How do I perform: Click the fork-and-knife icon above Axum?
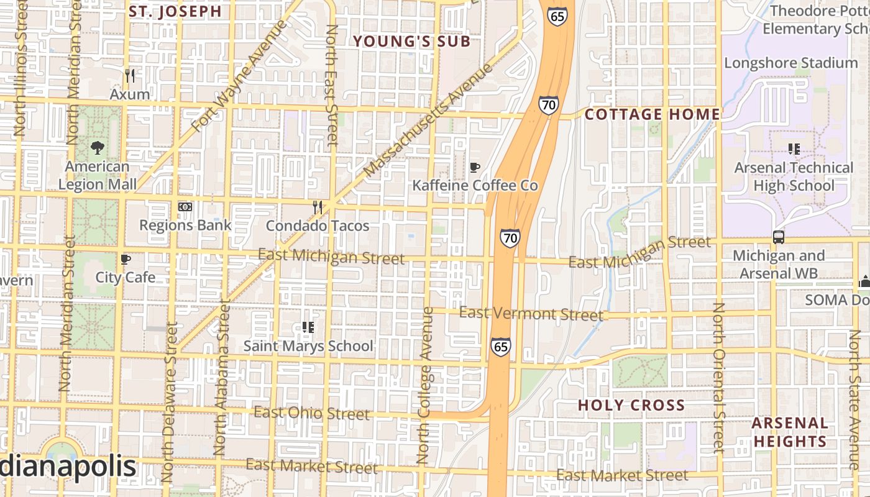130,76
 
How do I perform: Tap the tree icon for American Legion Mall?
97,148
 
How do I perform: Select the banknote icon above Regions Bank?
185,207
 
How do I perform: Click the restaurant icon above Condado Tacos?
318,207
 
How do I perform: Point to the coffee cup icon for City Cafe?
126,259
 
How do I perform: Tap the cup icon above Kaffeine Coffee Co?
475,167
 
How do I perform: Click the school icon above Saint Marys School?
308,327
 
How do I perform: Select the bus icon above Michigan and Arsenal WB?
778,237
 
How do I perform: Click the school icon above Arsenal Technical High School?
794,149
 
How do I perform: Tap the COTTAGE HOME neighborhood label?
652,114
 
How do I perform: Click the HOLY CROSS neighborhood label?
631,406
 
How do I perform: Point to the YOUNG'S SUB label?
412,42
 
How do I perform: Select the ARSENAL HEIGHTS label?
790,432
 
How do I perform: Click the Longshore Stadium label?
790,63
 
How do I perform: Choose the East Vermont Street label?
531,314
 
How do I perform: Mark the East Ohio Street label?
311,413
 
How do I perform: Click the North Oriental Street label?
718,377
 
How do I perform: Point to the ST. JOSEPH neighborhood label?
175,11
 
